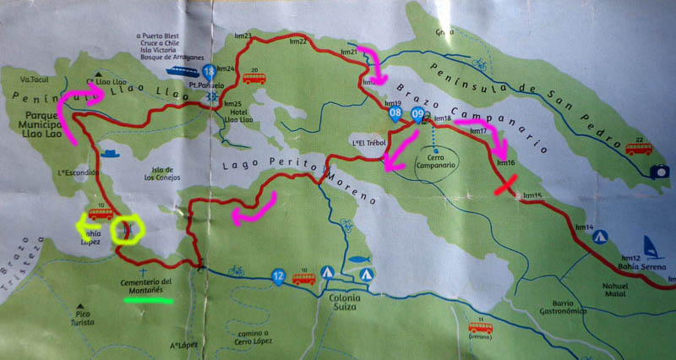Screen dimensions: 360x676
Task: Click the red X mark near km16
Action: [x=508, y=185]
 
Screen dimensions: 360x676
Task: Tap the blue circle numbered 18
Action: [x=208, y=72]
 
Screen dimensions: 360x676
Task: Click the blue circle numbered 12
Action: [x=278, y=275]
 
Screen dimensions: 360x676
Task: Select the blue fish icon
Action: [x=359, y=259]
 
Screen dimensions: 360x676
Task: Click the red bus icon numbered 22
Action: [x=638, y=148]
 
